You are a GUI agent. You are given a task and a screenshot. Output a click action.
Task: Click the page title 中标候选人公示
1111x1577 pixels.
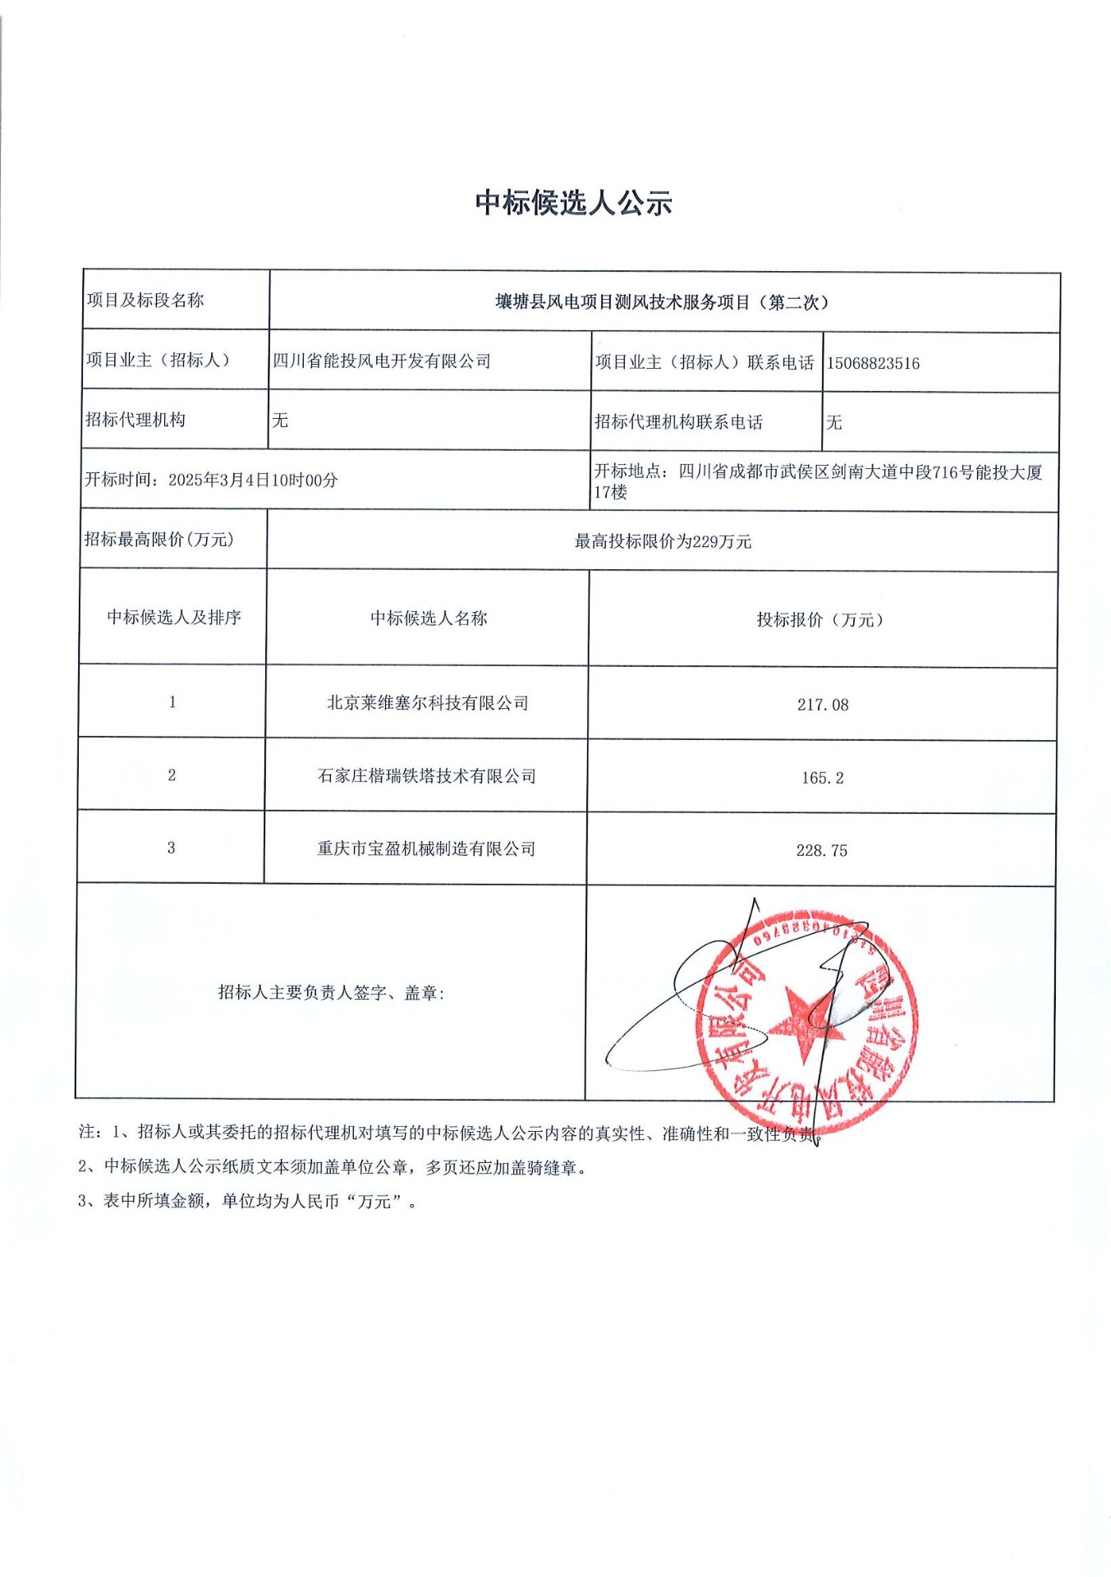point(573,203)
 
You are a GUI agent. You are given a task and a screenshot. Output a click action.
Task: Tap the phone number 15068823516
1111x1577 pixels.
point(873,363)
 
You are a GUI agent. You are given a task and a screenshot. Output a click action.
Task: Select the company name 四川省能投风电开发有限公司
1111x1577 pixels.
point(382,361)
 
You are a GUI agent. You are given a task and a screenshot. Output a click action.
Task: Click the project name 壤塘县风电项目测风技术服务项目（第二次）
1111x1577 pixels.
point(663,302)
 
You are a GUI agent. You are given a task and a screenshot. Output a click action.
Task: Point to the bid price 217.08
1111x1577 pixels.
point(823,705)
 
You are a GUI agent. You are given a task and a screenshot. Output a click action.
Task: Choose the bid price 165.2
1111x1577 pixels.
point(822,778)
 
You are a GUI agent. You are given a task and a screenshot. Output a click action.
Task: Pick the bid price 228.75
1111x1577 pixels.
point(821,851)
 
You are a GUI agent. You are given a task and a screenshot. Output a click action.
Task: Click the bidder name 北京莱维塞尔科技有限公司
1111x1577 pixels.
point(428,703)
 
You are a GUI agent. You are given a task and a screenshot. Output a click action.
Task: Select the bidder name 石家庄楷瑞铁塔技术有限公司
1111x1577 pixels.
point(427,776)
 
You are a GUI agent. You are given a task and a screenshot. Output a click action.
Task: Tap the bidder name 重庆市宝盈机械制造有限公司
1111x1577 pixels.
point(426,848)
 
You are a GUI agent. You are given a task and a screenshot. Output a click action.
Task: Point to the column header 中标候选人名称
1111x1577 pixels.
point(429,618)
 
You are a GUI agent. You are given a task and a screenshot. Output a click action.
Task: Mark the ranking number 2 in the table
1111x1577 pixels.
point(172,775)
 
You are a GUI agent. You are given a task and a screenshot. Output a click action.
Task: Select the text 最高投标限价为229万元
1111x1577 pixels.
point(663,541)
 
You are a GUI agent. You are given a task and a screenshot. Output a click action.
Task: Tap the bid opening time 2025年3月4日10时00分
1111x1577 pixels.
point(253,480)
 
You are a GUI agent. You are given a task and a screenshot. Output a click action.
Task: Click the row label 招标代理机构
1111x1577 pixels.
point(135,420)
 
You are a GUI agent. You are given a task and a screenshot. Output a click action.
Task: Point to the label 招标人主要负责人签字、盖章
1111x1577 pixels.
point(331,992)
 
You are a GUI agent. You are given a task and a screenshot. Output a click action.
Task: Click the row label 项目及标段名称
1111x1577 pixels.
point(145,301)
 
